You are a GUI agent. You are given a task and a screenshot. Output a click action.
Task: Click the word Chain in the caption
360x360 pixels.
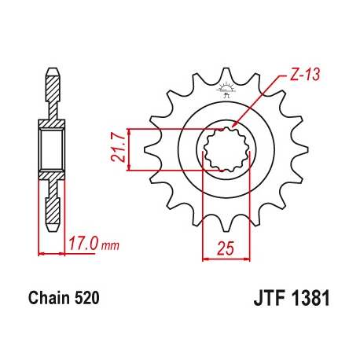point(50,299)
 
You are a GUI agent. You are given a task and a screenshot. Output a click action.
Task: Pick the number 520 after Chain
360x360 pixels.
point(87,299)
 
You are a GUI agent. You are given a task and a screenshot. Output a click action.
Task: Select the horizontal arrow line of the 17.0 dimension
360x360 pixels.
point(52,253)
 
